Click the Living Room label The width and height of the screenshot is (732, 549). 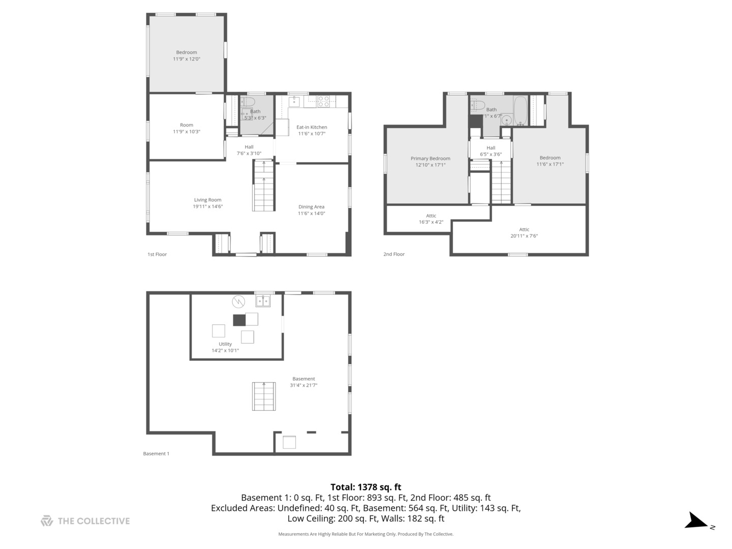click(x=207, y=200)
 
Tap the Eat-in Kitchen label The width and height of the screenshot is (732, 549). click(x=312, y=127)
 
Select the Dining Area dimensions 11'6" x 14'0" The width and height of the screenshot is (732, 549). click(x=311, y=213)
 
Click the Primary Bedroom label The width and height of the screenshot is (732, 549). click(x=430, y=159)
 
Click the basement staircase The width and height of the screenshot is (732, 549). click(x=264, y=396)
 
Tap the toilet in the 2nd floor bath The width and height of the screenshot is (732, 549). click(x=477, y=105)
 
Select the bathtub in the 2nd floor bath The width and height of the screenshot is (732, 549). click(x=520, y=110)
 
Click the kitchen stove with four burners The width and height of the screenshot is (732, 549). click(x=323, y=101)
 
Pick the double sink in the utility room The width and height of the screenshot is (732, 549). click(x=263, y=301)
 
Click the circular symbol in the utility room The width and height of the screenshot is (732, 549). click(x=238, y=302)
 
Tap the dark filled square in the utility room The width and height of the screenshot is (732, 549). click(x=239, y=320)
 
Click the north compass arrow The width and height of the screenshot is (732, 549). click(x=697, y=522)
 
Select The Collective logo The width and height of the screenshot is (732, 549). click(x=85, y=521)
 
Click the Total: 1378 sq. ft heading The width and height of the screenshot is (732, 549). click(x=365, y=487)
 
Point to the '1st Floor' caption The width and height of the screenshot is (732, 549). click(x=157, y=254)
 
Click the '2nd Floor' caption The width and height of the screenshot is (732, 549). click(x=394, y=254)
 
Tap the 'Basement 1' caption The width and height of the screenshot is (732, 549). click(x=156, y=453)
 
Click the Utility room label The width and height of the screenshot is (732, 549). click(x=225, y=344)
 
